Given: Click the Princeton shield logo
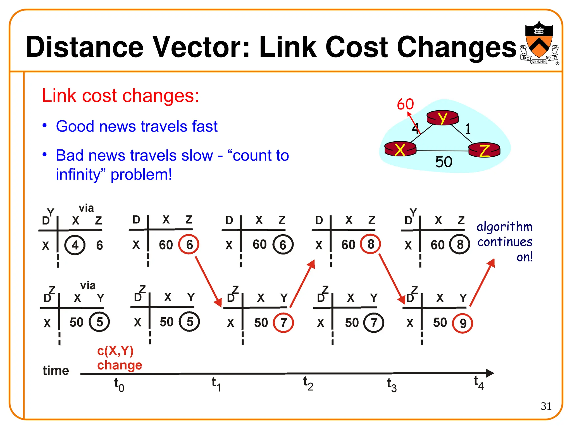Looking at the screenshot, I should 539,42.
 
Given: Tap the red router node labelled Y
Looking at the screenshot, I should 442,118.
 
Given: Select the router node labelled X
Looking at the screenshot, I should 400,149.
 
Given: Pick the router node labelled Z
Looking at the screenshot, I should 485,150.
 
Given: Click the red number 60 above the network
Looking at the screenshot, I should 405,104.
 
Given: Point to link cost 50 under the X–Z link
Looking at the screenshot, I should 444,162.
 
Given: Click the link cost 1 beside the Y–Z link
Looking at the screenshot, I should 468,129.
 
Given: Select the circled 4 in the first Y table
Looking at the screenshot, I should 75,245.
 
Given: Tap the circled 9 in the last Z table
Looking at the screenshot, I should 463,323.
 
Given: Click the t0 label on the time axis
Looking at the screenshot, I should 119,385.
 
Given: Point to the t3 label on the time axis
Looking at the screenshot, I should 392,385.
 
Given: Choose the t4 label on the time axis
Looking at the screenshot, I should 478,382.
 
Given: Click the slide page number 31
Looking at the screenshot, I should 546,406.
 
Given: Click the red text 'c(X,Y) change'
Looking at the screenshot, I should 119,358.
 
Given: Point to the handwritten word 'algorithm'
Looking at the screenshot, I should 504,227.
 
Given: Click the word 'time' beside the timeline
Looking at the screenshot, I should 56,371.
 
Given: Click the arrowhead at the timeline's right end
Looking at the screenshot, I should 490,373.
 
